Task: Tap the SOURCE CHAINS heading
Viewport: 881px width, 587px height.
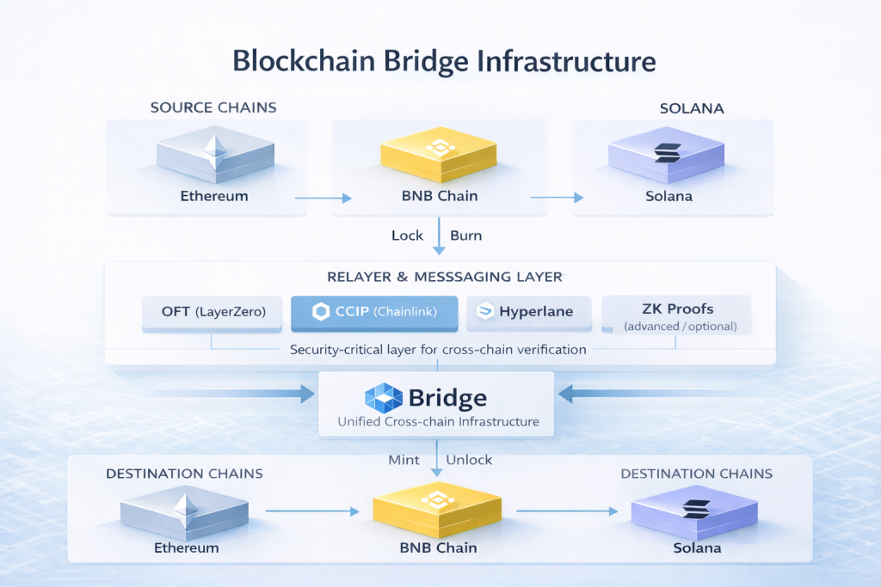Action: tap(213, 107)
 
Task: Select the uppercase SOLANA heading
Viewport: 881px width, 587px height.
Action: tap(691, 109)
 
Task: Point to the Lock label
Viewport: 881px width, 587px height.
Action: tap(407, 235)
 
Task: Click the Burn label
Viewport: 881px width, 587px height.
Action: tap(465, 235)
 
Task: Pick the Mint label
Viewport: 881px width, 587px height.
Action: tap(404, 460)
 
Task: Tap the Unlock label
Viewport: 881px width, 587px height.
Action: tap(469, 460)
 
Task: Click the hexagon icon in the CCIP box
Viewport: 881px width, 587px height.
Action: tap(321, 312)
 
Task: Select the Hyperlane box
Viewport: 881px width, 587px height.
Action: tap(529, 312)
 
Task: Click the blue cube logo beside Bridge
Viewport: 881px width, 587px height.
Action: tap(384, 398)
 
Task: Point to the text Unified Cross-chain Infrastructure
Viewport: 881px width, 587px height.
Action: tap(438, 422)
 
